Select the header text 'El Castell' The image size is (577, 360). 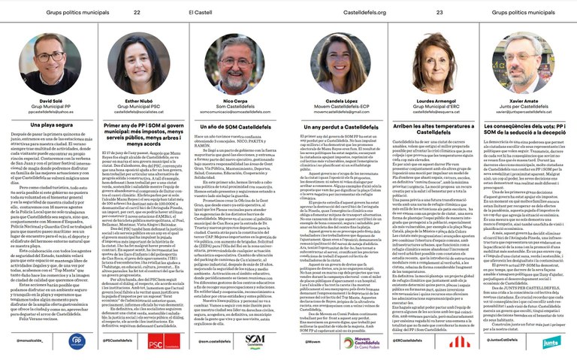click(x=200, y=12)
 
